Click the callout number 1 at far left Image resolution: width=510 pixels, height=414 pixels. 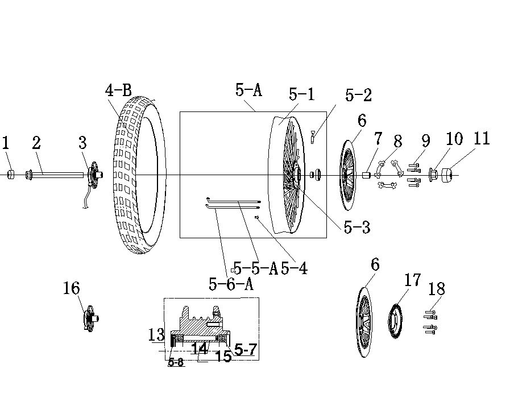coord(6,143)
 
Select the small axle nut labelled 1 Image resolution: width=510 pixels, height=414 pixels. coord(11,175)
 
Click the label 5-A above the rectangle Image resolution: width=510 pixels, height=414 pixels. coord(249,89)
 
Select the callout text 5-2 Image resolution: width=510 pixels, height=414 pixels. coord(358,95)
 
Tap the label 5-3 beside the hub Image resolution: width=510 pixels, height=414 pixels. coord(357,227)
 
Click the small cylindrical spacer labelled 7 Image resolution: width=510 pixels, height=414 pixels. coord(367,175)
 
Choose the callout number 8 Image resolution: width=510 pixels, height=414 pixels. coord(397,142)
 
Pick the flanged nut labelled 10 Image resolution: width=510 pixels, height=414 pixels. coord(433,175)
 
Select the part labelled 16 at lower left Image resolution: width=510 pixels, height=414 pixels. coord(91,318)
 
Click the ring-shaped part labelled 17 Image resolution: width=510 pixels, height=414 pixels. coord(395,321)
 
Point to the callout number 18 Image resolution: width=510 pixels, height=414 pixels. coord(437,289)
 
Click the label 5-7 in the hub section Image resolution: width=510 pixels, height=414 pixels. coord(246,350)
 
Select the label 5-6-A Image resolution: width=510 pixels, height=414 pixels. coord(231,284)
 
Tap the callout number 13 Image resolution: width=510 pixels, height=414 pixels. coord(157,335)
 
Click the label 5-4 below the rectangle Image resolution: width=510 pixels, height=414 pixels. coord(295,268)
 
